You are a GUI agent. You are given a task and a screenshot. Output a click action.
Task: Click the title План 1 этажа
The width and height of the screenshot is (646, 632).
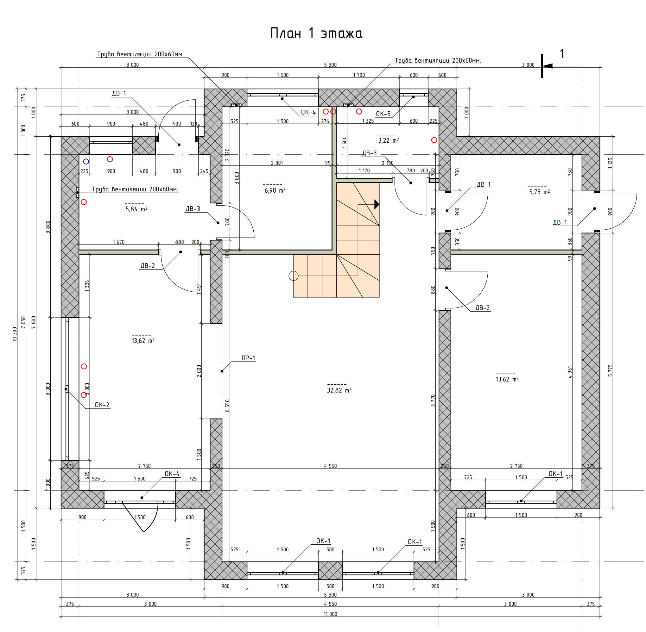[316, 33]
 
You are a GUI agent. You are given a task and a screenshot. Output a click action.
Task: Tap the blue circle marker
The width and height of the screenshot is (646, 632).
[86, 162]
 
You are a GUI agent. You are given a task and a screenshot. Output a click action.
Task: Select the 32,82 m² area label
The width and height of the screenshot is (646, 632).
[339, 390]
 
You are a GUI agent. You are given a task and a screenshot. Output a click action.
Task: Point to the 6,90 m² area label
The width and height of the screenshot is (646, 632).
[275, 190]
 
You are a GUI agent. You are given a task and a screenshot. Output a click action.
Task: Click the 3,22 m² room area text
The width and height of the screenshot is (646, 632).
[388, 140]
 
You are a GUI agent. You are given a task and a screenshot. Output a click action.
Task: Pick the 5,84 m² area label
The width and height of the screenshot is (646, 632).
[136, 209]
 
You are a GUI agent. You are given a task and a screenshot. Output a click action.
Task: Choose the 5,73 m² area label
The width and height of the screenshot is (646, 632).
[539, 192]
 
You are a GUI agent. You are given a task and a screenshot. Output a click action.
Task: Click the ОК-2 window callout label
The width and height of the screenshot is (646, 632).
[102, 405]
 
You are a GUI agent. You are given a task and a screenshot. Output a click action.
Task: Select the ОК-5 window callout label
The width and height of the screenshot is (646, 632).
[383, 114]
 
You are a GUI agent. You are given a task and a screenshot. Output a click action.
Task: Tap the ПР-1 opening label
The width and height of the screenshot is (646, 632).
[248, 358]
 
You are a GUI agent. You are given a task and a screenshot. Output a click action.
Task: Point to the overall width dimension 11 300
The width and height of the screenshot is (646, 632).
[330, 614]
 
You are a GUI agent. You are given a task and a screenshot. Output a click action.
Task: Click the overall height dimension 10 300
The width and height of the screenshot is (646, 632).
[15, 334]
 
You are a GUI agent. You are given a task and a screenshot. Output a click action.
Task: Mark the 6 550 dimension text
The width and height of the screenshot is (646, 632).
[227, 406]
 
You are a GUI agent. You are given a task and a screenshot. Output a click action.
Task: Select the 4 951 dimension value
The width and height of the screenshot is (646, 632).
[570, 372]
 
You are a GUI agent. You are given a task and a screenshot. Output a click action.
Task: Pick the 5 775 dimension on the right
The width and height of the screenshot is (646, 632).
[610, 370]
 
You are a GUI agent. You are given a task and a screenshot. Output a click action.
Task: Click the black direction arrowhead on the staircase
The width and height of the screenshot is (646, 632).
[377, 204]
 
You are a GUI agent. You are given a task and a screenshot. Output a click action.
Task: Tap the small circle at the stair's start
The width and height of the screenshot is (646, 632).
[294, 276]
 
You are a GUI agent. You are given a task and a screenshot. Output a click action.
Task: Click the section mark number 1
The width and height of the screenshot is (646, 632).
[562, 54]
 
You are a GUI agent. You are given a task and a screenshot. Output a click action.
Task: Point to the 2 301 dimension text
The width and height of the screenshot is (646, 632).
[277, 163]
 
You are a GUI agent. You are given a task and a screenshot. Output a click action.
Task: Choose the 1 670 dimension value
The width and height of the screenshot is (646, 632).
[119, 242]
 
